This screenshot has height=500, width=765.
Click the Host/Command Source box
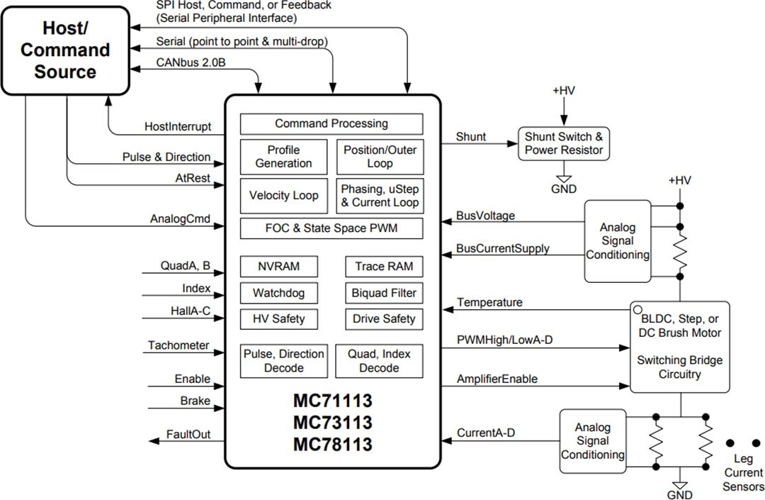[66, 50]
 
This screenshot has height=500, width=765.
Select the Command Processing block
[331, 123]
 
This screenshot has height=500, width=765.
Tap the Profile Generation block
[284, 157]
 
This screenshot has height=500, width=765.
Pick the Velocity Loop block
[284, 196]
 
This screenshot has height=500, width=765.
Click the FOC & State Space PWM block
[331, 229]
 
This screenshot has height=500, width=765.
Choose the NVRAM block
[279, 267]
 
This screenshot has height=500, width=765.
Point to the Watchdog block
[279, 293]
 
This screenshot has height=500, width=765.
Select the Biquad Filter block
[384, 293]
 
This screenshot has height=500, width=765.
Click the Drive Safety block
[384, 319]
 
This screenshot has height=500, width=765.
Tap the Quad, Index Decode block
[379, 361]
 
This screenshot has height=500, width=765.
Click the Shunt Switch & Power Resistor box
[564, 143]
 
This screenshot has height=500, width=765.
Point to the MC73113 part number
[333, 423]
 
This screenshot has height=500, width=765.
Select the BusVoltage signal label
[485, 215]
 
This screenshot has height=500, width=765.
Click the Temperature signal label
[489, 303]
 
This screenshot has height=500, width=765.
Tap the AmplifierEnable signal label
[497, 379]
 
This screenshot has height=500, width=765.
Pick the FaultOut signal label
[188, 434]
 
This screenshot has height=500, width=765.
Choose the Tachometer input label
[178, 345]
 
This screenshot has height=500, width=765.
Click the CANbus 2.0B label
[191, 62]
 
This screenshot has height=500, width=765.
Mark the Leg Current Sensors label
[743, 473]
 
